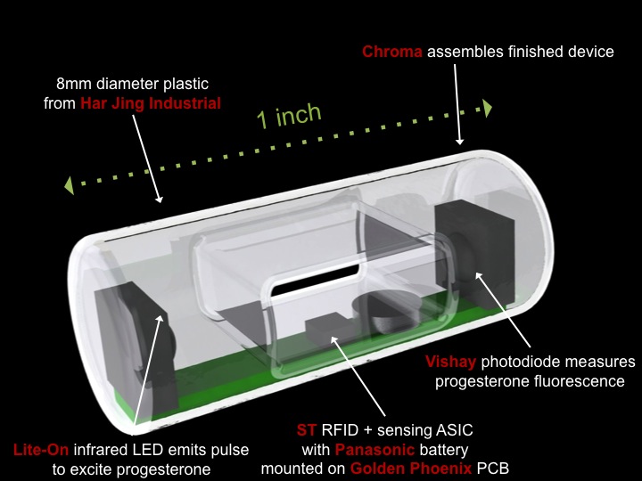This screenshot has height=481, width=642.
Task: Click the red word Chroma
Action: click(392, 52)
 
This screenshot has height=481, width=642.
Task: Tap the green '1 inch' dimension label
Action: click(288, 117)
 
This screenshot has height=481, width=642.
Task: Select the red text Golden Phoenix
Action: click(402, 468)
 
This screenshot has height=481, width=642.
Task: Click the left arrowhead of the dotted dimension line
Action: click(69, 185)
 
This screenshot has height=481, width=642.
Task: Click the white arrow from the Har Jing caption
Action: click(146, 156)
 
